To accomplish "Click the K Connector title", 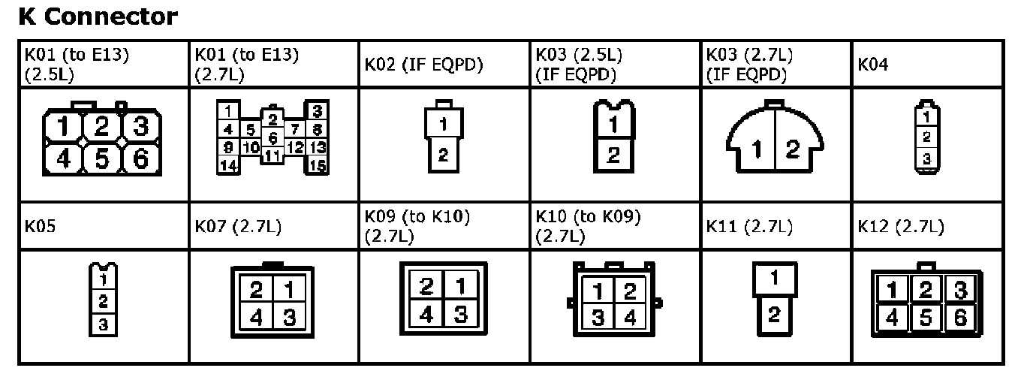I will tap(98, 17).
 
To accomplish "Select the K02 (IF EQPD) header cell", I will tap(423, 65).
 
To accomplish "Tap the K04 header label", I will tap(872, 65).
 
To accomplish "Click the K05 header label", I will tap(39, 226).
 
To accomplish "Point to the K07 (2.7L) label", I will tap(238, 226).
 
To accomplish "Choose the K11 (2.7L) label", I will tap(749, 226).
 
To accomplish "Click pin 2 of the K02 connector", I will tap(443, 155).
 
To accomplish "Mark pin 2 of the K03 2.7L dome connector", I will tap(792, 149).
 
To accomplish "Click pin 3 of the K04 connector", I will tap(927, 159).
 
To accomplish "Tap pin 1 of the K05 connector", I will tap(103, 279).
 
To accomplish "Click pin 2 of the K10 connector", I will tap(631, 291).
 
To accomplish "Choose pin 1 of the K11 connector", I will tap(774, 277).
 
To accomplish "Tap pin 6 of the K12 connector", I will tap(960, 318).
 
